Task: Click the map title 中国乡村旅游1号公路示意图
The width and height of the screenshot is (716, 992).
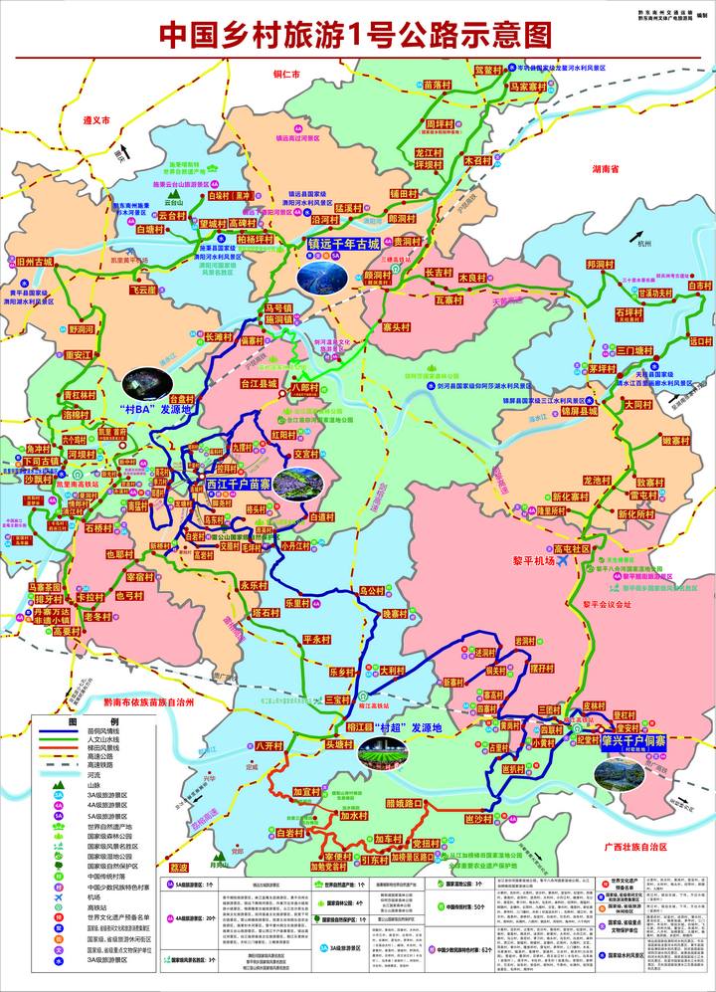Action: click(356, 34)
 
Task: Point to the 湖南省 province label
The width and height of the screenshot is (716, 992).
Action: click(604, 170)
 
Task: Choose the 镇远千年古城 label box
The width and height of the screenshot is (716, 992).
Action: click(343, 244)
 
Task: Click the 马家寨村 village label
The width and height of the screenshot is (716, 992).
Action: click(529, 88)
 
